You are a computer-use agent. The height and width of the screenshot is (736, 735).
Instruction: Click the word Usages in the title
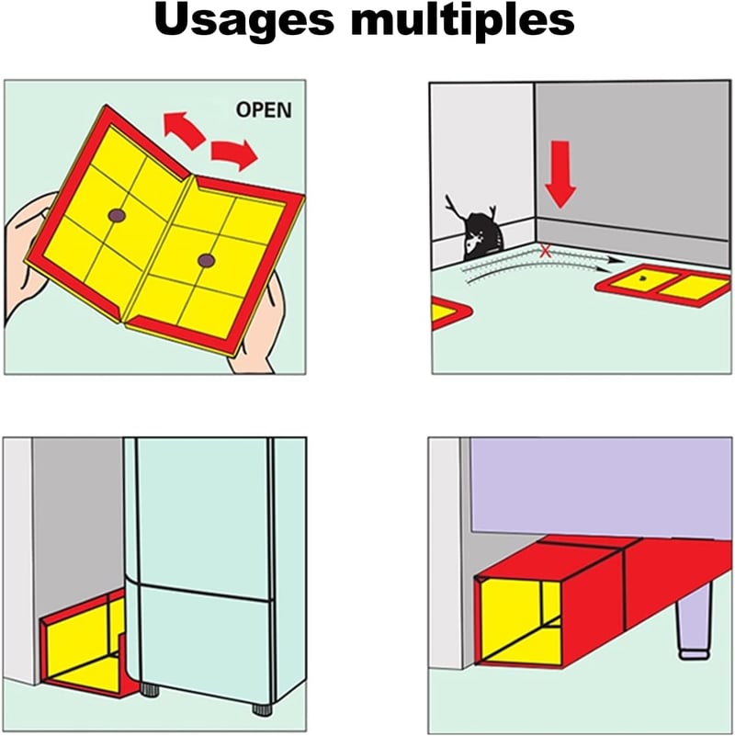pos(244,22)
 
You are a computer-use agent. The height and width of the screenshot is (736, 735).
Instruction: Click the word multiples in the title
pos(462,22)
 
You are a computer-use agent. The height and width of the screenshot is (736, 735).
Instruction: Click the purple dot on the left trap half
pos(117,216)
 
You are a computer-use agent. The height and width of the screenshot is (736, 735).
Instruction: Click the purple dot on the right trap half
pos(206,261)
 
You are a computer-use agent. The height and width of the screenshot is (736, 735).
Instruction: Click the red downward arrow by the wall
pos(560,174)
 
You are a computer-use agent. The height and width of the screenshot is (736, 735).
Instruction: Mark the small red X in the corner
pos(545,251)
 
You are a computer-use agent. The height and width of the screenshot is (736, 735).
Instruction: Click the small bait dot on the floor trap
pos(643,277)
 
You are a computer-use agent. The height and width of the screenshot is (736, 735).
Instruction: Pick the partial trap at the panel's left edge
pos(448,312)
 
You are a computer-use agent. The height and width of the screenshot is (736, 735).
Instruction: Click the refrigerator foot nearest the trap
pos(150,689)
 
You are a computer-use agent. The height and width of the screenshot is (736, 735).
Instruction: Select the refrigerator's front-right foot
pos(262,708)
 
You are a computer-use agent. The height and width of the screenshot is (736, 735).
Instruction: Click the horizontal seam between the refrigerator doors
pos(204,592)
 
